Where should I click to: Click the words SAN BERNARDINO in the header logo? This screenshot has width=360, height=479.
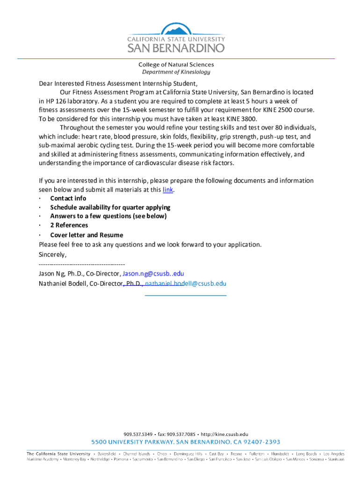click(x=176, y=48)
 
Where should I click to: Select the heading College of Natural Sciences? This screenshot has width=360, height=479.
click(x=176, y=65)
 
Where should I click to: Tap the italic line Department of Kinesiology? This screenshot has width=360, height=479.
click(x=176, y=72)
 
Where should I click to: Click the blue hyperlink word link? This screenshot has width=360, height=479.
click(x=168, y=189)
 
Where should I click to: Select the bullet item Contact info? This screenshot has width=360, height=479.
click(x=68, y=198)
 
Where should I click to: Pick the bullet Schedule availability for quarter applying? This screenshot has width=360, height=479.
click(x=110, y=207)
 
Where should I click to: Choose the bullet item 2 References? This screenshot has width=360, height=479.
click(x=69, y=225)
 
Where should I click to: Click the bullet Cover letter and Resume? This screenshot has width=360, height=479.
click(x=87, y=235)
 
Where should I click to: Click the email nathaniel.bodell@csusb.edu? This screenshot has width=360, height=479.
click(x=186, y=283)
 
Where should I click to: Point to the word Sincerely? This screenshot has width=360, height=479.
click(x=52, y=255)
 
